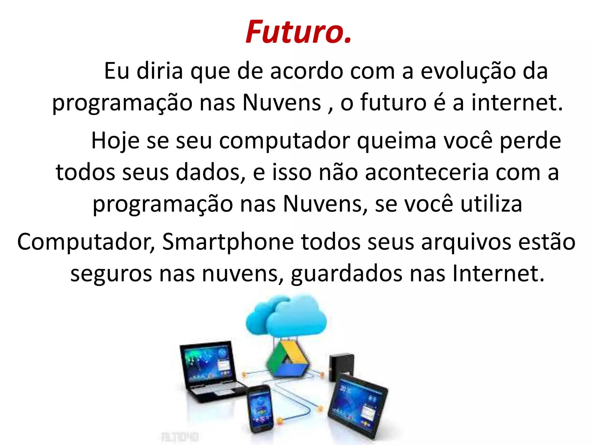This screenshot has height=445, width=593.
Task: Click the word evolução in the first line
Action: pos(468,71)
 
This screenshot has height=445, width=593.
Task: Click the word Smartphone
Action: pos(228,242)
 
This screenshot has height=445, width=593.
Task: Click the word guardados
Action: pos(347,273)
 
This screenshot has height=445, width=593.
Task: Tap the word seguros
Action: pos(111,273)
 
